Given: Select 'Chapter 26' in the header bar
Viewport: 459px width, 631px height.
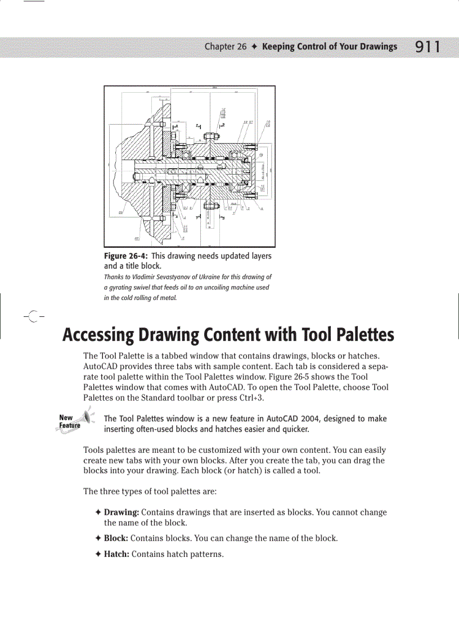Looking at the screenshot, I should pos(225,47).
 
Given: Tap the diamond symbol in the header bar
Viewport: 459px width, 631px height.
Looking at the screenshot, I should pos(255,47).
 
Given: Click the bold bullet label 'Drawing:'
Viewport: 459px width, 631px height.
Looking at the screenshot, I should pos(121,512).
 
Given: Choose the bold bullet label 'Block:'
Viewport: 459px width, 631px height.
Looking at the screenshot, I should pos(116,538).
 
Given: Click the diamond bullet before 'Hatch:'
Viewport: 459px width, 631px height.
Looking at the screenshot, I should pos(98,555).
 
